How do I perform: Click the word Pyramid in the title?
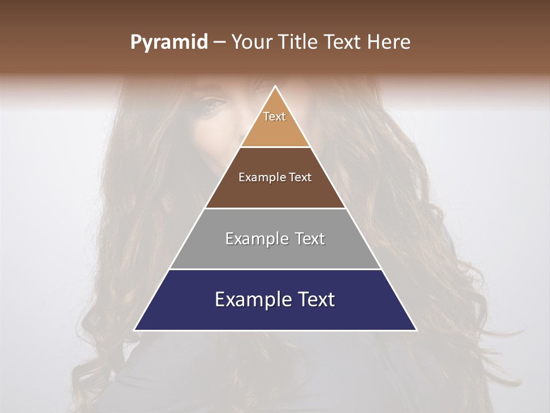[x=169, y=42]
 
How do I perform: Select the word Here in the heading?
[x=390, y=42]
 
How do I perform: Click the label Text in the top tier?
[x=274, y=116]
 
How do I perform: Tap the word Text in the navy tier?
[x=316, y=299]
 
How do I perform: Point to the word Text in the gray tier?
[x=309, y=239]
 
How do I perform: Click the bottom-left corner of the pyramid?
[x=135, y=330]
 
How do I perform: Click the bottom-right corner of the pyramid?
[x=417, y=330]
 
